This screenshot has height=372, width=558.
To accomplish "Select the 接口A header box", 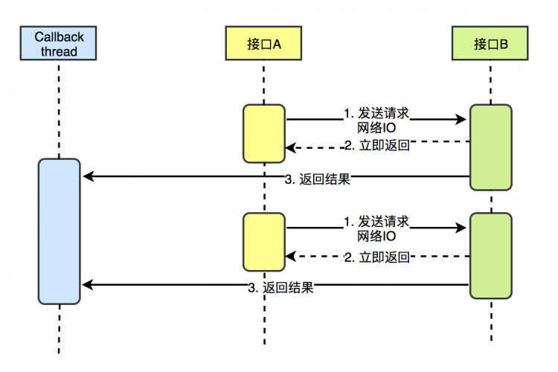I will point(264,43).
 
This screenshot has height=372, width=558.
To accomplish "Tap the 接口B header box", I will point(491,43).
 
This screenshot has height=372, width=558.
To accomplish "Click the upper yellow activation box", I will point(264,133).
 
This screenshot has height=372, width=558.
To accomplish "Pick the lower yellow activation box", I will point(264,242).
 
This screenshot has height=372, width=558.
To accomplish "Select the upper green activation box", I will point(491,147).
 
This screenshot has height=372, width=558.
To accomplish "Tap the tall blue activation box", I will point(60,231).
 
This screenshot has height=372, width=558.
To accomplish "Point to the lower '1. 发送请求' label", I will point(377,222).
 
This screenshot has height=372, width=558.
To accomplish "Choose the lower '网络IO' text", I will point(377,236).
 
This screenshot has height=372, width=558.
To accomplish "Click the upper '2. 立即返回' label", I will point(377,146).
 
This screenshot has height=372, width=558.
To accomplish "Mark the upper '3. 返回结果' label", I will point(318,179).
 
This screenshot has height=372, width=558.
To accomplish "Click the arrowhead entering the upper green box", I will point(461,119).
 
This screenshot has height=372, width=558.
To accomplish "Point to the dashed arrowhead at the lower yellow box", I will point(291,257).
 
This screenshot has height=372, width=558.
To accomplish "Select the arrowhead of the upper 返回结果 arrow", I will point(87,176).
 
